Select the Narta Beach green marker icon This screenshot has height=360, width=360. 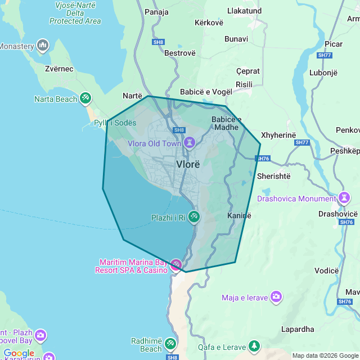tap(85, 99)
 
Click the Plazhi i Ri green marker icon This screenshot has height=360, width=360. tap(193, 217)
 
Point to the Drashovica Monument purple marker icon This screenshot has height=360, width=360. tap(344, 198)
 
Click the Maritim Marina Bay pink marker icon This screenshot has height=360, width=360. tap(176, 264)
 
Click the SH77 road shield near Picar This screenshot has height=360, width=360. tap(324, 55)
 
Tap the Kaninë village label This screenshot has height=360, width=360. tap(239, 215)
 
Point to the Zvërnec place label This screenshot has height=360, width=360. tap(59, 69)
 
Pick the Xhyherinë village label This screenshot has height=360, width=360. tap(278, 136)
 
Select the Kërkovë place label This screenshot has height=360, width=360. tap(209, 22)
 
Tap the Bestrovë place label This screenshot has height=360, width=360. tap(179, 53)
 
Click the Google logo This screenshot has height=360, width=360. tap(19, 353)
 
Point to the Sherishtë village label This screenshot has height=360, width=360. tap(273, 175)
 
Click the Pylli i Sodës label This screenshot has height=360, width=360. tap(115, 123)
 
